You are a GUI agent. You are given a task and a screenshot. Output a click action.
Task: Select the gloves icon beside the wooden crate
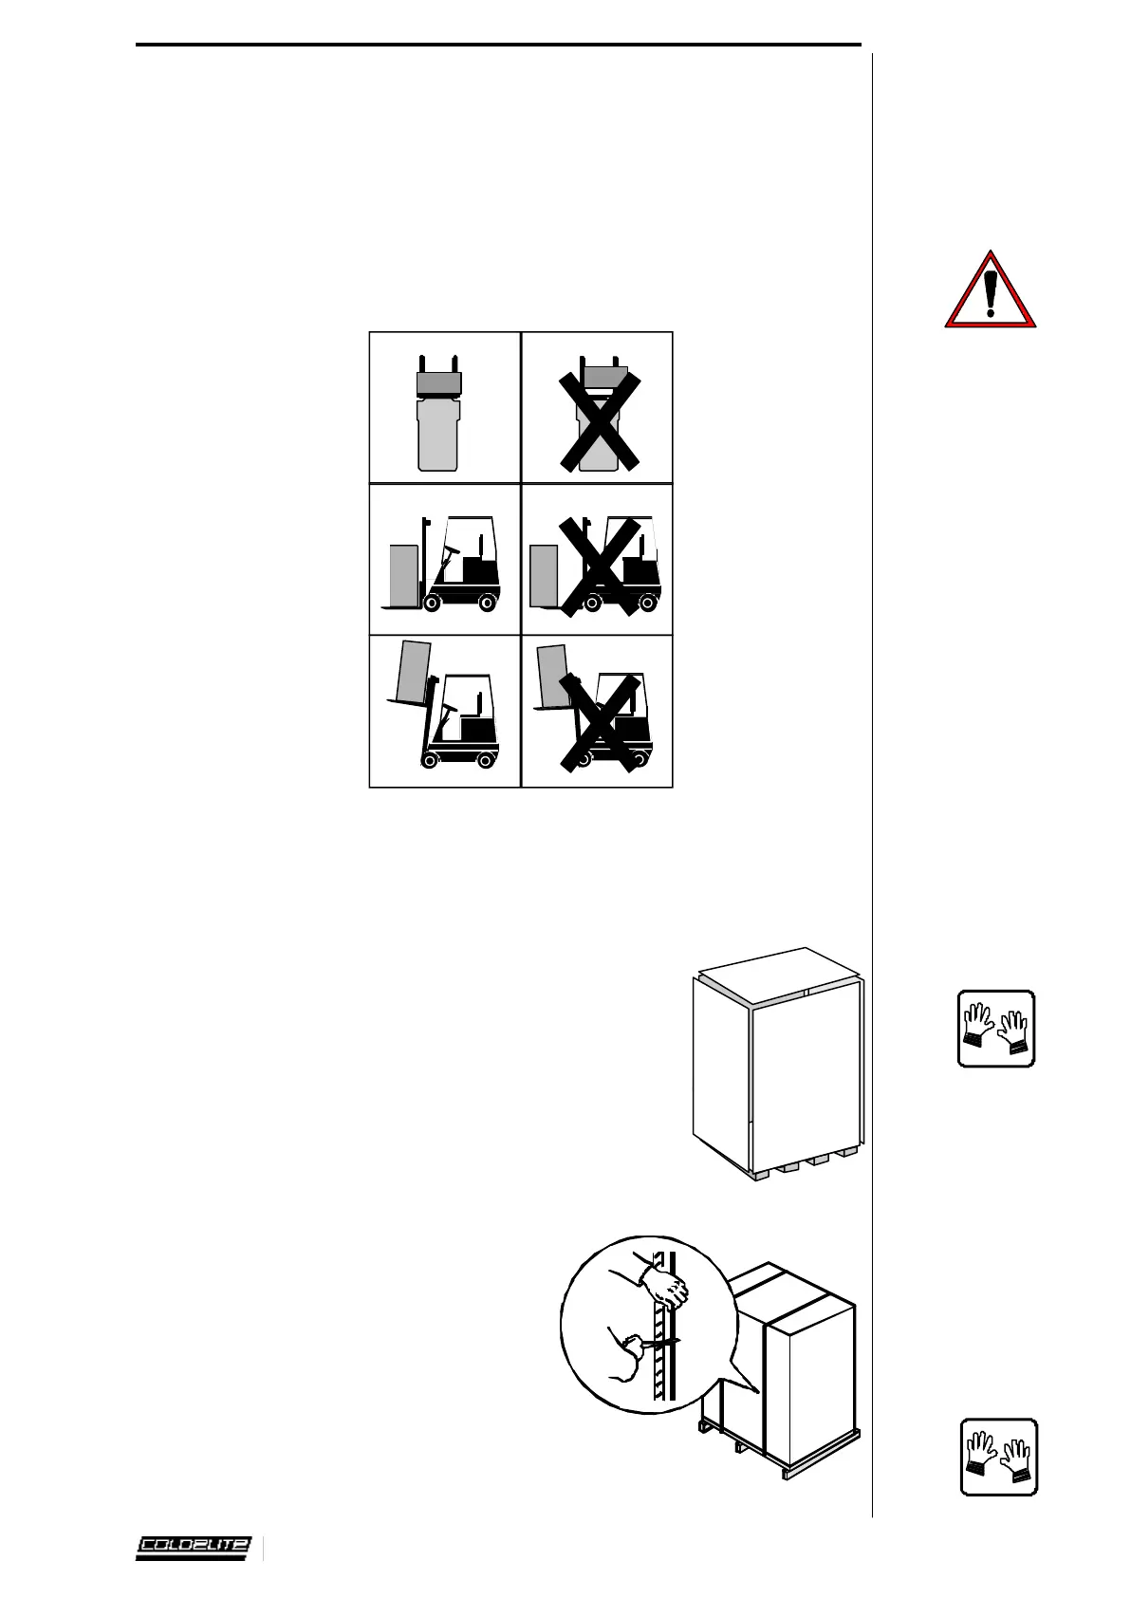(995, 1029)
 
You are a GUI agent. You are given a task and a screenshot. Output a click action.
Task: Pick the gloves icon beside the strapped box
(998, 1457)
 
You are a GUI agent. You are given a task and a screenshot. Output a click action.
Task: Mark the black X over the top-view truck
(598, 420)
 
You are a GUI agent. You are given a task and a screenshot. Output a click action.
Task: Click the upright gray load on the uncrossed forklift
(404, 574)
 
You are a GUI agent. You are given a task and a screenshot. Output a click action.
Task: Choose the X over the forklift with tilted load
(600, 724)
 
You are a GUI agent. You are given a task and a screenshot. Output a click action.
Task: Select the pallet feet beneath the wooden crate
(807, 1163)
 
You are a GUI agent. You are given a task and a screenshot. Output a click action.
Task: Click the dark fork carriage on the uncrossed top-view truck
(438, 383)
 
